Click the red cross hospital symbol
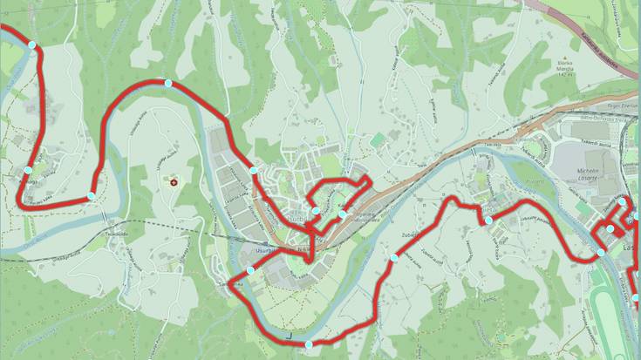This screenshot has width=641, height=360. (173, 182)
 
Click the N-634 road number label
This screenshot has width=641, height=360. (303, 248)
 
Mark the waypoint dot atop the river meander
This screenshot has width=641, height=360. (167, 83)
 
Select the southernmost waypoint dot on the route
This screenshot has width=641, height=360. (309, 345)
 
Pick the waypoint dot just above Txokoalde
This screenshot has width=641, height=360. (92, 196)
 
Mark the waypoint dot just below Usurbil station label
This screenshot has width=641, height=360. (250, 270)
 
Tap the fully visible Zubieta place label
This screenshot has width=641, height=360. (413, 234)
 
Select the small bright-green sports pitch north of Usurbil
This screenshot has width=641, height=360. (377, 140)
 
